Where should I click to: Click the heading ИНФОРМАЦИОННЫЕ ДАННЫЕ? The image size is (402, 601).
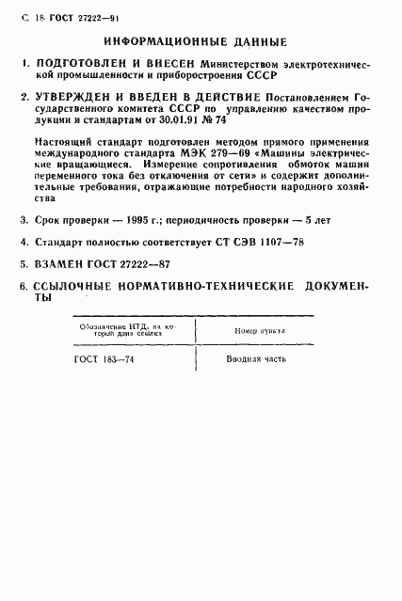pos(196,42)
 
